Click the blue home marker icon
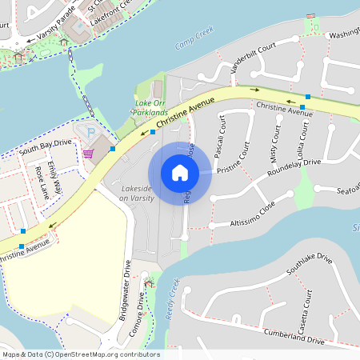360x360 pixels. click(x=180, y=173)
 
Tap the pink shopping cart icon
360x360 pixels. click(x=88, y=154)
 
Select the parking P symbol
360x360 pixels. click(x=90, y=132)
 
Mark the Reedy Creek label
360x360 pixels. click(x=170, y=300)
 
